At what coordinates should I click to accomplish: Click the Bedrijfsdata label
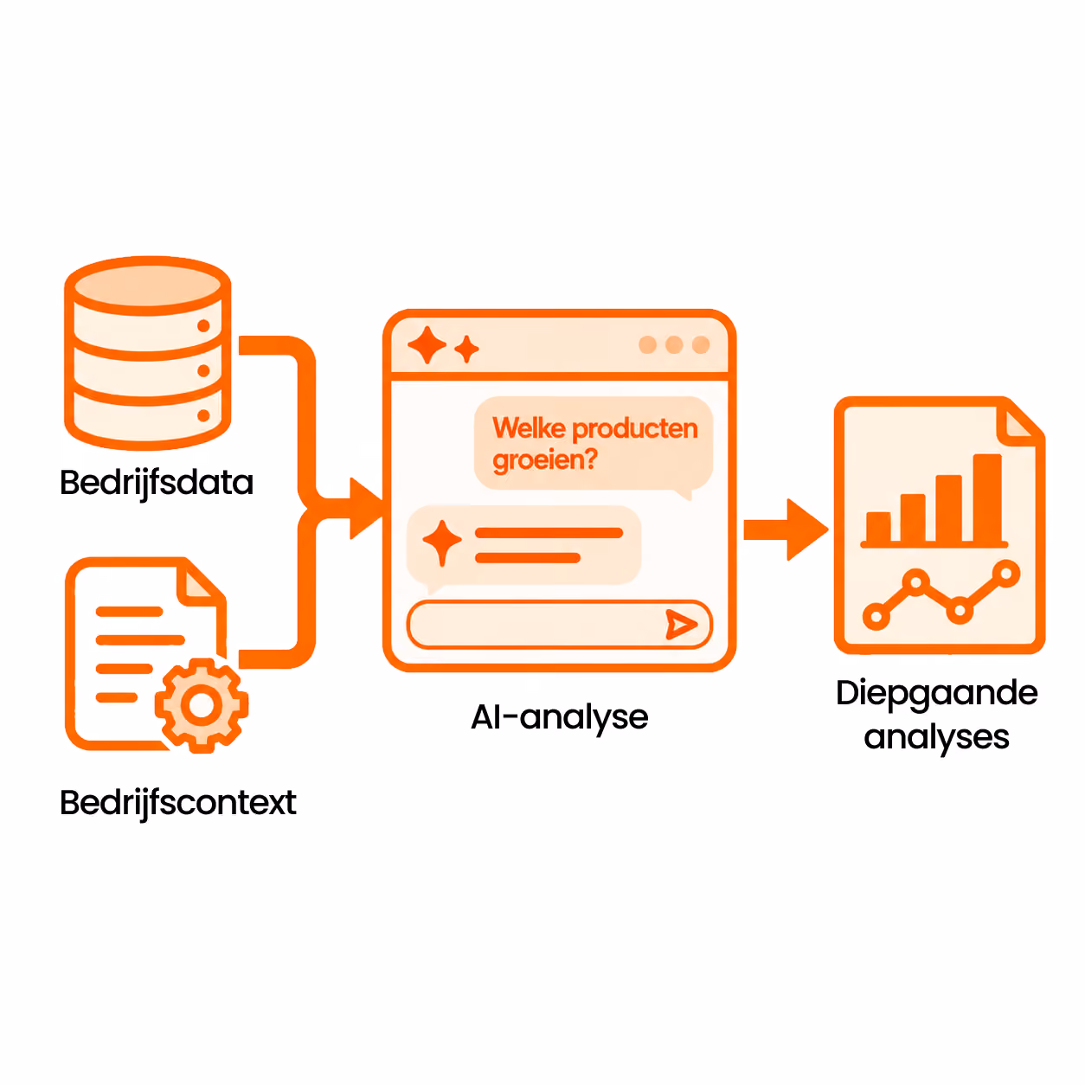[157, 483]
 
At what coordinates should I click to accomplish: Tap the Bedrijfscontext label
[178, 803]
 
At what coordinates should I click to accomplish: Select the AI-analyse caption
[560, 718]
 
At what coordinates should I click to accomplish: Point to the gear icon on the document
[202, 705]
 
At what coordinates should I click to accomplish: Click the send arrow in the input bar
[681, 625]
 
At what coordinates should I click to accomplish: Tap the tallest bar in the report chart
[987, 498]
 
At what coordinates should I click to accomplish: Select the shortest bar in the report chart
[878, 528]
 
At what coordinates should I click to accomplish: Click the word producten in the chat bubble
[635, 429]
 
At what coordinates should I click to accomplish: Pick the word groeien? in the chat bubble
[544, 460]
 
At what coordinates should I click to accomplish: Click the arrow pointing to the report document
[786, 530]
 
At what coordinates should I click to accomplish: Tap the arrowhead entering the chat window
[367, 509]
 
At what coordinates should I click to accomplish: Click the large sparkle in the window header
[427, 344]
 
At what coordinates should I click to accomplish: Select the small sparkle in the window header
[466, 349]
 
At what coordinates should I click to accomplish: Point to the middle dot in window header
[674, 344]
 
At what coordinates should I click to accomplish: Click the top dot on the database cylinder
[204, 326]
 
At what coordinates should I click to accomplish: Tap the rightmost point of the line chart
[1006, 575]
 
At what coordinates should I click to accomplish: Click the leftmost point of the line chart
[876, 617]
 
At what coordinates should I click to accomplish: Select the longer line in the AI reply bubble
[549, 533]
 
